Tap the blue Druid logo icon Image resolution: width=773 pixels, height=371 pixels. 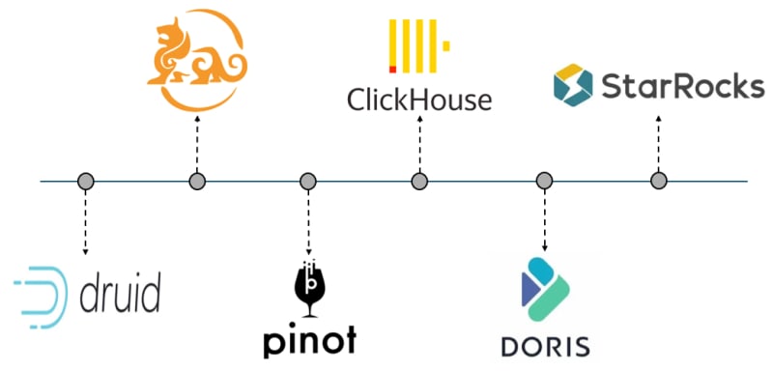[x=42, y=298]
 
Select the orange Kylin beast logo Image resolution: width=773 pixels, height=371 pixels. [x=197, y=60]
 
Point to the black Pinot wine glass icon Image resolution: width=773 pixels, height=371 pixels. [x=309, y=288]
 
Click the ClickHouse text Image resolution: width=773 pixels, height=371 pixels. [x=419, y=100]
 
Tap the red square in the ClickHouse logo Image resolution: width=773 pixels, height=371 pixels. [x=393, y=70]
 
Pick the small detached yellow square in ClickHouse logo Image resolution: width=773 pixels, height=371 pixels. [x=446, y=45]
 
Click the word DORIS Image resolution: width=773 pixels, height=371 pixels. [x=545, y=347]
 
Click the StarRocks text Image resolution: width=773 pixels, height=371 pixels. [x=683, y=87]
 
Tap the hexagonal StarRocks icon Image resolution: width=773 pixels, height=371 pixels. [x=573, y=85]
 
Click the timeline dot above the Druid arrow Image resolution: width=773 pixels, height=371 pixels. [x=85, y=181]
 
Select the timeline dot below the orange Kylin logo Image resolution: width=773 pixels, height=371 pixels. [x=197, y=181]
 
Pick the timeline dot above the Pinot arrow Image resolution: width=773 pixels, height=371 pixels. [x=308, y=181]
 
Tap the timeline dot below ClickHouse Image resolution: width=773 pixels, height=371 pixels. [x=419, y=181]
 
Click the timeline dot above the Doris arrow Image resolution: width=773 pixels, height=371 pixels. [x=544, y=181]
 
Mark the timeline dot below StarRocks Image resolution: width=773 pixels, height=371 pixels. [x=659, y=181]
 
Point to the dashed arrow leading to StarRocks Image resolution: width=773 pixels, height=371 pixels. [x=658, y=143]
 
